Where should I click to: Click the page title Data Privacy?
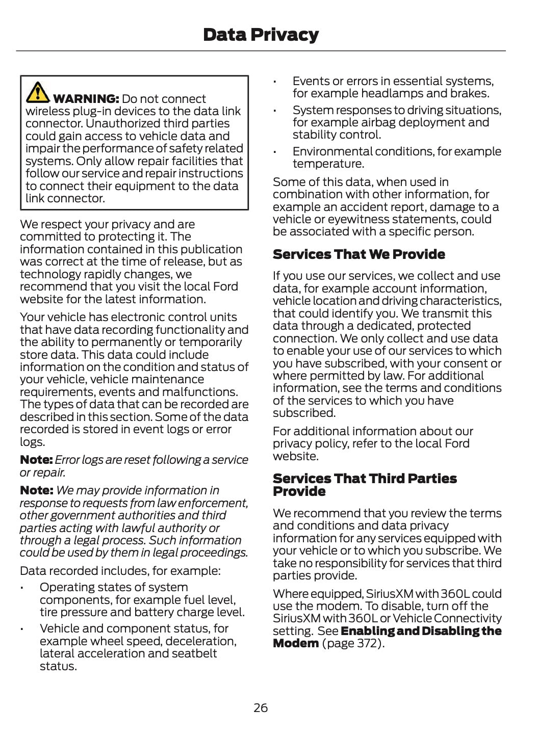coord(261,35)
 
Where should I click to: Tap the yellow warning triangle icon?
coord(37,92)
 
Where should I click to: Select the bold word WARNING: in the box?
coord(86,99)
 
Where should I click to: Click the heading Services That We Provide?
coord(358,254)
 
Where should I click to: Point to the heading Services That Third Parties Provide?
coord(364,485)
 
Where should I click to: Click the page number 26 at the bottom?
coord(261,708)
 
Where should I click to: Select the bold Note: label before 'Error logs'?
coord(36,460)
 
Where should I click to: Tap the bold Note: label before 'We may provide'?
coord(36,490)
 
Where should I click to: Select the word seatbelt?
coord(196,653)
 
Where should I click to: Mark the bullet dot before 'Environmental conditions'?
coord(274,152)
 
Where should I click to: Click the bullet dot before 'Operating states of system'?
coord(22,588)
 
